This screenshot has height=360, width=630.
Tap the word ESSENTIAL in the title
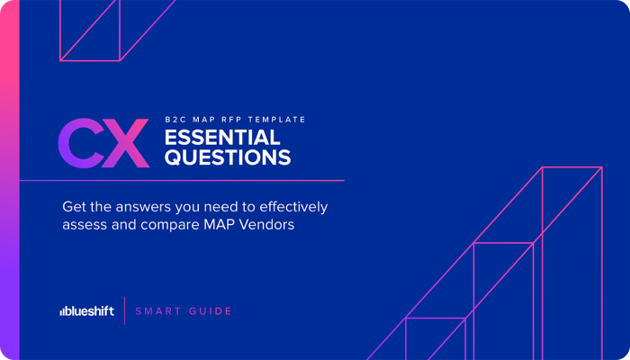coord(221,138)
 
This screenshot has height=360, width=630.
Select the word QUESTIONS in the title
coord(227,158)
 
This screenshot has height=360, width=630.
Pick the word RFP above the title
coord(236,119)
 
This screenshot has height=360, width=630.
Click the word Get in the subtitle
coord(75,207)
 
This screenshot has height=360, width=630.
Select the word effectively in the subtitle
coord(292,207)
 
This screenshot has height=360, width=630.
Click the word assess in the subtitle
coord(85,225)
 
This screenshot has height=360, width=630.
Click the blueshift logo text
coord(90,311)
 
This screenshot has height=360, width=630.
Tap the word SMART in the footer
coord(157,311)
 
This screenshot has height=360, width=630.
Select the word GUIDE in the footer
coord(210,311)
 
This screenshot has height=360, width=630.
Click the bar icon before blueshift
coord(62,312)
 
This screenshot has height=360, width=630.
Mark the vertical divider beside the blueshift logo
coord(124,310)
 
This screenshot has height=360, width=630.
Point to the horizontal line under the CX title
coord(180,181)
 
